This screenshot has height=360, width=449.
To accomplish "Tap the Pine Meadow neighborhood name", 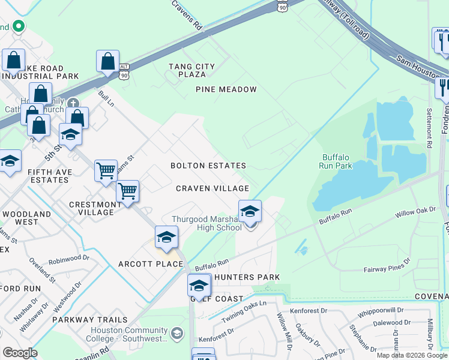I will [x=226, y=89].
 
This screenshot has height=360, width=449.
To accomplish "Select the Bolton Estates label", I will [x=208, y=166].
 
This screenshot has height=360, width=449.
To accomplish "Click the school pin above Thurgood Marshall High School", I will [x=250, y=211].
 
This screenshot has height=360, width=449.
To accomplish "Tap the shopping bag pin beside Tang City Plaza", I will [x=107, y=61].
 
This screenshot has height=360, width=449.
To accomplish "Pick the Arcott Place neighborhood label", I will [x=151, y=264].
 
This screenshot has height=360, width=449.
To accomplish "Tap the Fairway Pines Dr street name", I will [x=387, y=266].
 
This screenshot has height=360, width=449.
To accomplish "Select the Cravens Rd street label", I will [x=187, y=15].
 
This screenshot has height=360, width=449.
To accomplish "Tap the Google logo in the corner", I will [x=19, y=353].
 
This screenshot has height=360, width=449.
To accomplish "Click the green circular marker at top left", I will [x=18, y=26].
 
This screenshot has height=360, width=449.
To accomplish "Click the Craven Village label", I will [x=212, y=188].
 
